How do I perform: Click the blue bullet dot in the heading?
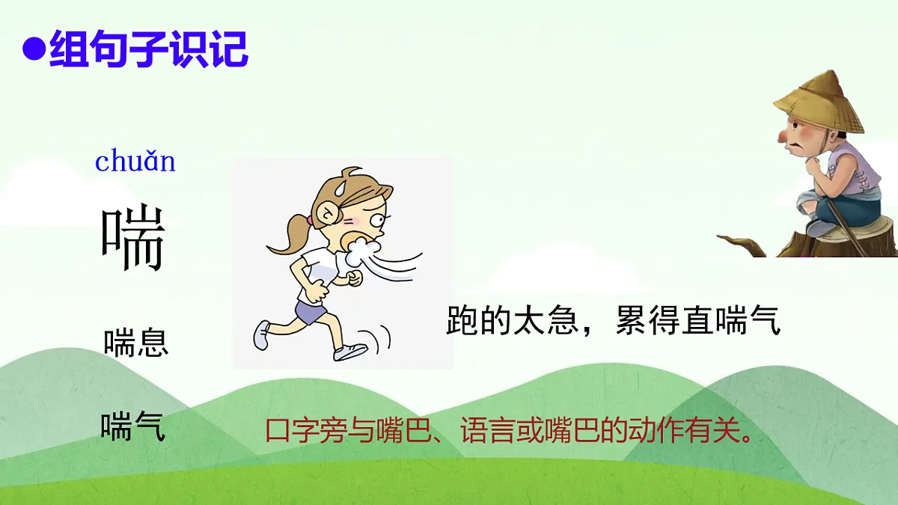34,52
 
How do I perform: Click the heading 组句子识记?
148,50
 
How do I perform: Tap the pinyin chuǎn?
135,161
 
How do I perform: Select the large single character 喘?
133,239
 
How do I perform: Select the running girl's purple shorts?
311,310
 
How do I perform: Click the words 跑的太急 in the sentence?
501,321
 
